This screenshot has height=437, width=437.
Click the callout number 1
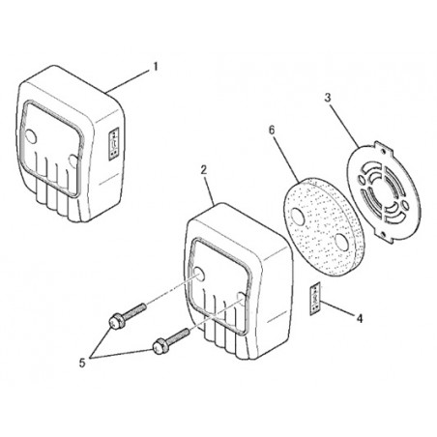[156, 67]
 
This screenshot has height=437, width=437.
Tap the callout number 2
[204, 170]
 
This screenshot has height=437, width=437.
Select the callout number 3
[328, 98]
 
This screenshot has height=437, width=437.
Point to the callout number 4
[360, 319]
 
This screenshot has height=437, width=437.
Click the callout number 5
[82, 364]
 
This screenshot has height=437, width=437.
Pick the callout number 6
[272, 131]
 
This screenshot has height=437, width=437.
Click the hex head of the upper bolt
[115, 322]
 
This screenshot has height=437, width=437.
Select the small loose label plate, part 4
[315, 299]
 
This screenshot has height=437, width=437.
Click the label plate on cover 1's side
[114, 144]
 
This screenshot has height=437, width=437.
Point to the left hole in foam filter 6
[298, 216]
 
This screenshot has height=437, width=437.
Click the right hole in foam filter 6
[341, 242]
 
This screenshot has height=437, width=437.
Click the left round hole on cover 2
[198, 275]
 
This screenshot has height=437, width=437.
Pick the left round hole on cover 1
[31, 137]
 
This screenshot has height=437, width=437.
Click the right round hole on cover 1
[73, 161]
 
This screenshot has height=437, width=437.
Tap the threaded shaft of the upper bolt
[134, 311]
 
